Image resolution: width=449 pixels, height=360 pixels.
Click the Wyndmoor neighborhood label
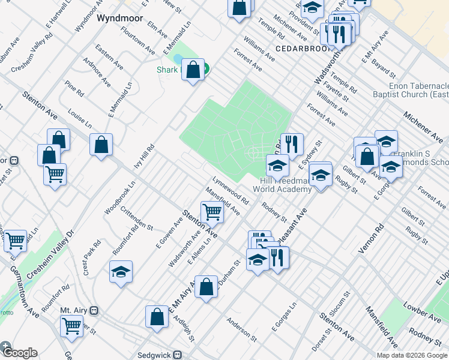point(120,18)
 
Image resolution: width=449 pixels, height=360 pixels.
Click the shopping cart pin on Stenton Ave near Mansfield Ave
point(212,211)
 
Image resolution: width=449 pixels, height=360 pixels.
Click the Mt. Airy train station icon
point(93,311)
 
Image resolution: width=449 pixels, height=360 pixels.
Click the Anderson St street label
point(241,330)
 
